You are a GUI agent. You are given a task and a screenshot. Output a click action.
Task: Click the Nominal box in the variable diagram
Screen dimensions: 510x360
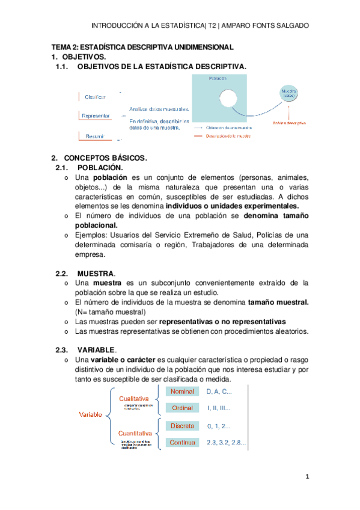click(x=183, y=391)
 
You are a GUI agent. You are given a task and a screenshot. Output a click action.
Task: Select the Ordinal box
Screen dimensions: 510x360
click(x=183, y=408)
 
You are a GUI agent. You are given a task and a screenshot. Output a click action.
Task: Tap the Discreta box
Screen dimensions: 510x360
click(x=183, y=426)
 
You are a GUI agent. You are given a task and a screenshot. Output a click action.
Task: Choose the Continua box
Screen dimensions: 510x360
click(x=183, y=443)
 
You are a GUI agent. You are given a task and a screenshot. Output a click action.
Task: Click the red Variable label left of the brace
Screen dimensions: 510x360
click(x=91, y=415)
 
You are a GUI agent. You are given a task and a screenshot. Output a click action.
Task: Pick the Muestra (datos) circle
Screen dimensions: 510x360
click(x=289, y=94)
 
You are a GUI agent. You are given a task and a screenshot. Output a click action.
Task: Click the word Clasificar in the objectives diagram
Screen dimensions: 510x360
click(x=96, y=97)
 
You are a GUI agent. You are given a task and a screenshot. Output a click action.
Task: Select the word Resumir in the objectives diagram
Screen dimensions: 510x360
click(x=95, y=136)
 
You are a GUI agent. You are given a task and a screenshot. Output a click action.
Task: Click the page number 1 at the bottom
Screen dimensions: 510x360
click(x=306, y=478)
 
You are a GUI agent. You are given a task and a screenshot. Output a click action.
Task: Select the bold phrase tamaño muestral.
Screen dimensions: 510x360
click(x=278, y=303)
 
